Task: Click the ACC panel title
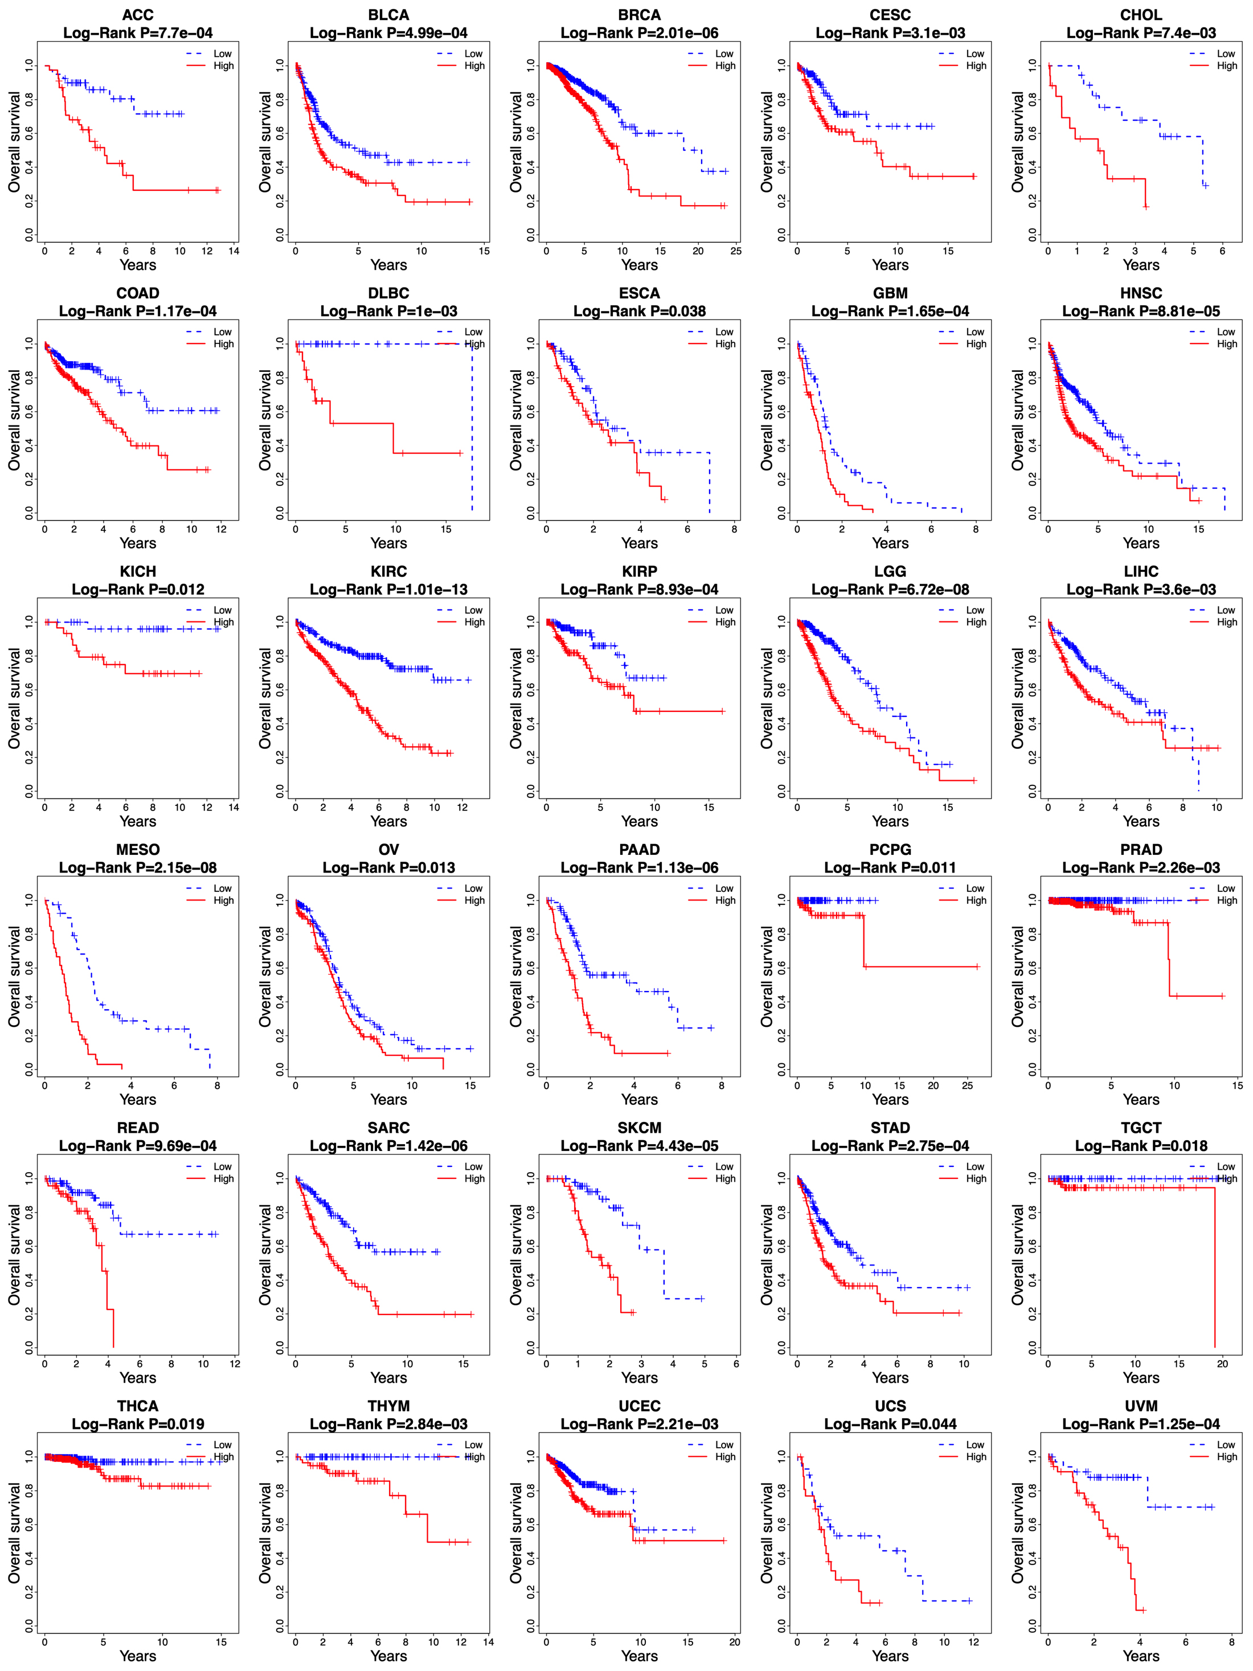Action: click(x=137, y=15)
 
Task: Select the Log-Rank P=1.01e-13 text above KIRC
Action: click(x=388, y=589)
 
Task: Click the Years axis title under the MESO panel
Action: click(x=137, y=1099)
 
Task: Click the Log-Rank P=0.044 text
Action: click(x=890, y=1424)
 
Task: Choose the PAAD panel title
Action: click(x=639, y=850)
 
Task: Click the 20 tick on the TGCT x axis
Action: click(x=1222, y=1363)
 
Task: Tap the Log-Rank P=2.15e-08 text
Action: click(x=137, y=867)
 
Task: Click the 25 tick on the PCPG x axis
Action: click(x=968, y=1086)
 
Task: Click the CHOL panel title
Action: click(x=1140, y=15)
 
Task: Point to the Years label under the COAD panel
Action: click(x=137, y=543)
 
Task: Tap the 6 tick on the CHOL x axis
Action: click(x=1222, y=251)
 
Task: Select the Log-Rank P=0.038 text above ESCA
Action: click(x=639, y=311)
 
